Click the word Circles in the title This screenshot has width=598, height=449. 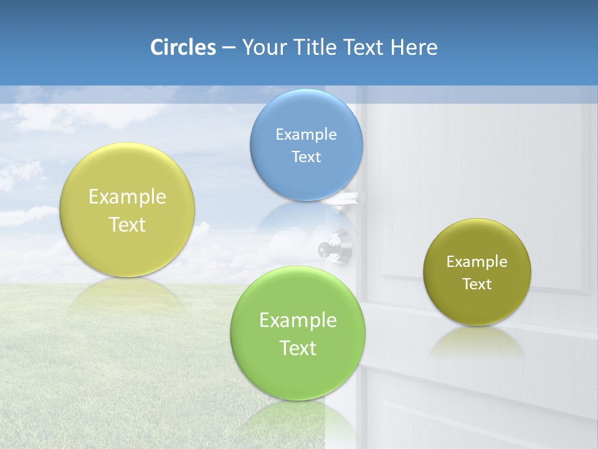click(x=183, y=47)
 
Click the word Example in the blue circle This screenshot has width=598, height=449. click(x=306, y=134)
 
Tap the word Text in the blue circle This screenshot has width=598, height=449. click(x=306, y=157)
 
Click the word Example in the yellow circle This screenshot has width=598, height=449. click(x=127, y=197)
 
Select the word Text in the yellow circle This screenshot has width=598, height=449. click(x=127, y=224)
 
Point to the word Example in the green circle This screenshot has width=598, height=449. click(x=298, y=321)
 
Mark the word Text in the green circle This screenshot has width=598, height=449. click(x=298, y=348)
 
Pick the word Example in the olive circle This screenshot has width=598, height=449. click(x=477, y=262)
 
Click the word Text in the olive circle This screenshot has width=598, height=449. click(x=477, y=284)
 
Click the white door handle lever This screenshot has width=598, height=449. click(x=341, y=199)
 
